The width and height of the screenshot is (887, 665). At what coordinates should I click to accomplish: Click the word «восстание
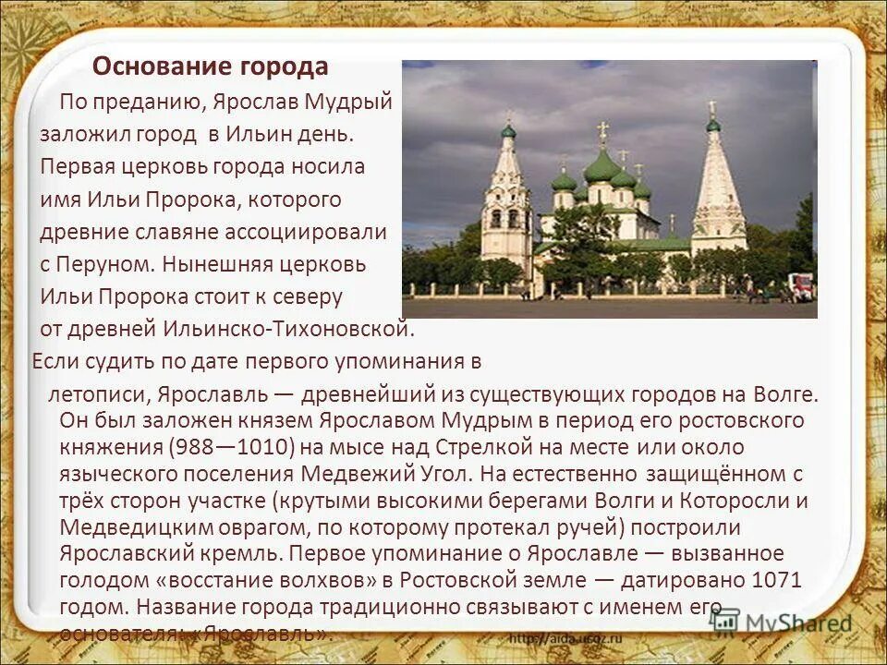pyautogui.click(x=260, y=581)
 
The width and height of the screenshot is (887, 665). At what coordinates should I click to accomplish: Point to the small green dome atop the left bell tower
pyautogui.click(x=508, y=131)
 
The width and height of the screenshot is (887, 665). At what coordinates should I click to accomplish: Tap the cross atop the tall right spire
pyautogui.click(x=711, y=108)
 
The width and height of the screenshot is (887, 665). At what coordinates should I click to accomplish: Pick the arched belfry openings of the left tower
pyautogui.click(x=505, y=218)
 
